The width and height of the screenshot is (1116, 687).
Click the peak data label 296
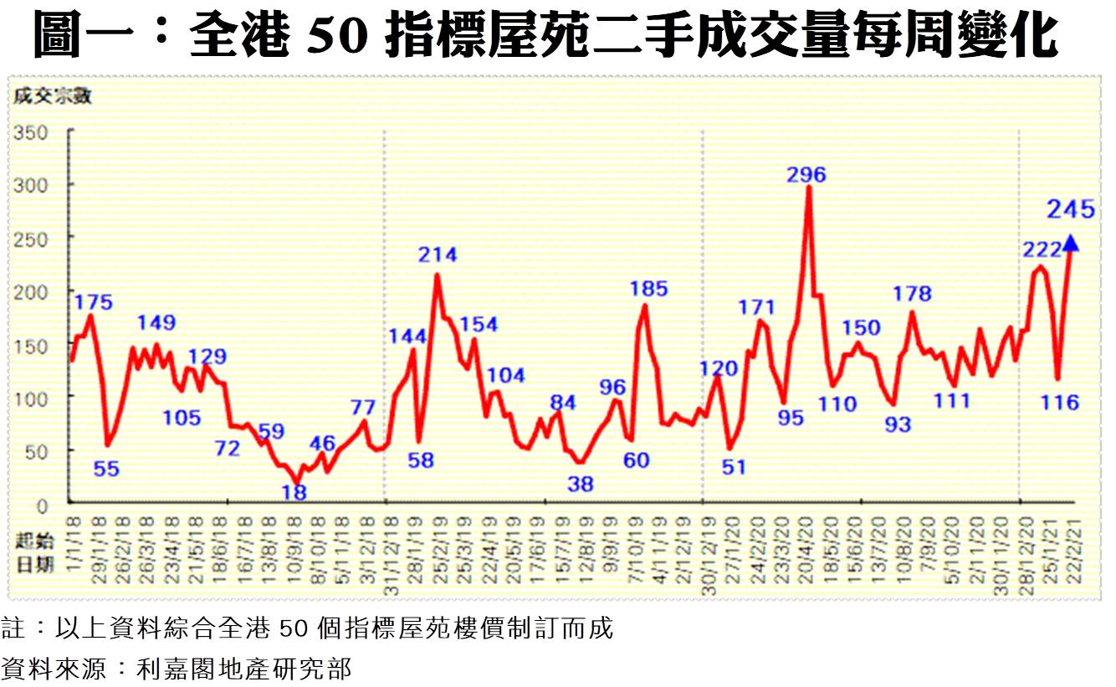806,175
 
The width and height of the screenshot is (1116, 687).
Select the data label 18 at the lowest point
294,493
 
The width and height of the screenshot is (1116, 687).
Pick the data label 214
438,255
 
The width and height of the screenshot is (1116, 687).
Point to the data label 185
648,290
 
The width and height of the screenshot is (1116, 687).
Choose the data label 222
1041,249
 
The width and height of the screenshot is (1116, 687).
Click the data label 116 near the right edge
1060,403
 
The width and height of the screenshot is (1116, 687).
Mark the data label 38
580,484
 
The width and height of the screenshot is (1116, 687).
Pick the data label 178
912,294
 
